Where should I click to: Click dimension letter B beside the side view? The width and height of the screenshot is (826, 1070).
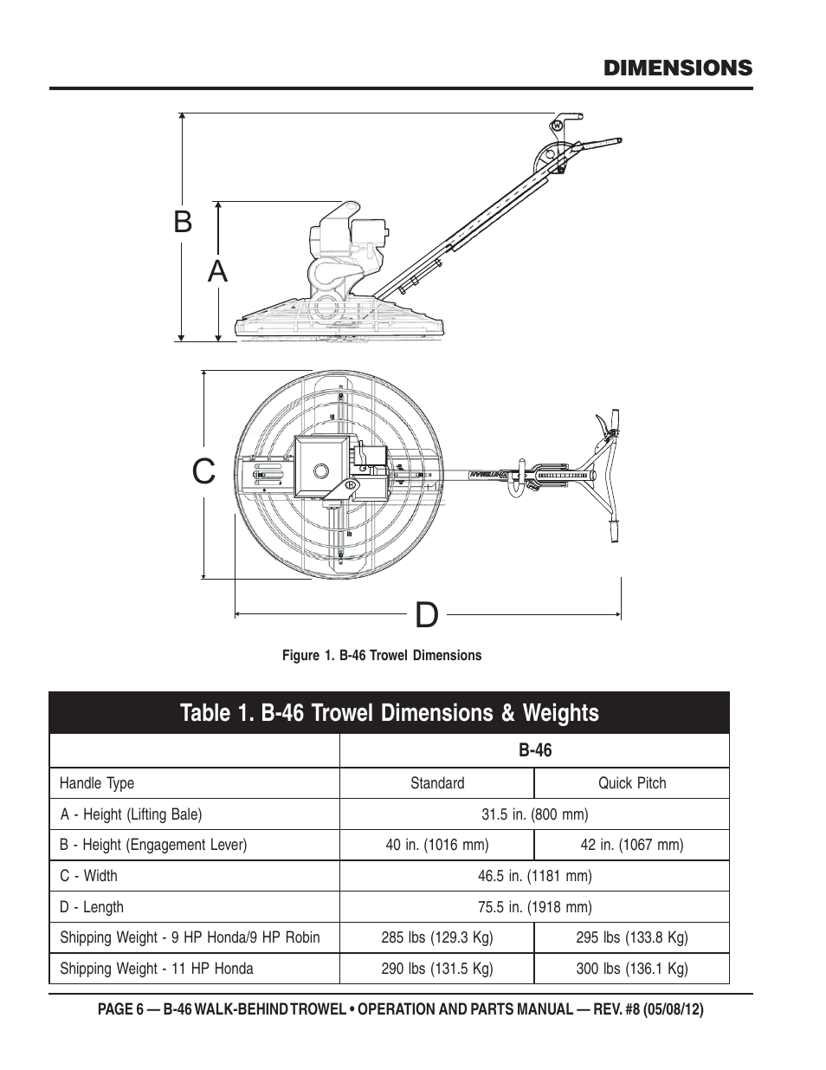point(182,222)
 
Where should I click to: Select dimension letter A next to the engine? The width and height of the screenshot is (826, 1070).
point(218,271)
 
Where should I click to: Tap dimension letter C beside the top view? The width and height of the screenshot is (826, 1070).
point(203,472)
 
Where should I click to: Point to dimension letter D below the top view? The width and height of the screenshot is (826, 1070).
point(426,615)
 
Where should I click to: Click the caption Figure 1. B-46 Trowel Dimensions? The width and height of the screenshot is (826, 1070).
point(381,656)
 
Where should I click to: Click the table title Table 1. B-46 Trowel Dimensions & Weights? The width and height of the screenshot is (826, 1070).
point(390,713)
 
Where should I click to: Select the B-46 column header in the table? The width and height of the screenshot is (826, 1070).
point(535,750)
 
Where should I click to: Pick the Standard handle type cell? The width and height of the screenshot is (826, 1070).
point(437,783)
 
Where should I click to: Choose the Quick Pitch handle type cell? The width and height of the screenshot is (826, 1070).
point(632,783)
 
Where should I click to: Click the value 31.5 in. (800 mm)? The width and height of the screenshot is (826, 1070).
point(535,814)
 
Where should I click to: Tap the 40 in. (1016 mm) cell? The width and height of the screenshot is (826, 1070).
point(437,845)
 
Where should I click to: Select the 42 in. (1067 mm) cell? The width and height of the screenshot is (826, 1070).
point(632,845)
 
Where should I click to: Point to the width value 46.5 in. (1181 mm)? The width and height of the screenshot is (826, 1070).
point(535,876)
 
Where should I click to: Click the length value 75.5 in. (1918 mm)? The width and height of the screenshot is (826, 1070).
point(535,907)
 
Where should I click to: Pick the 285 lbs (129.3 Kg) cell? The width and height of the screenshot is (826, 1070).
point(437,937)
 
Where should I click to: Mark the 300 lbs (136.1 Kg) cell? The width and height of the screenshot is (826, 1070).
point(632,969)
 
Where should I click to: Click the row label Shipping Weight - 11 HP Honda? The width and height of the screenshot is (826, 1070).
point(157,969)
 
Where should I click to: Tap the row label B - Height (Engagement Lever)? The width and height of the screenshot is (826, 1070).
point(153,845)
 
